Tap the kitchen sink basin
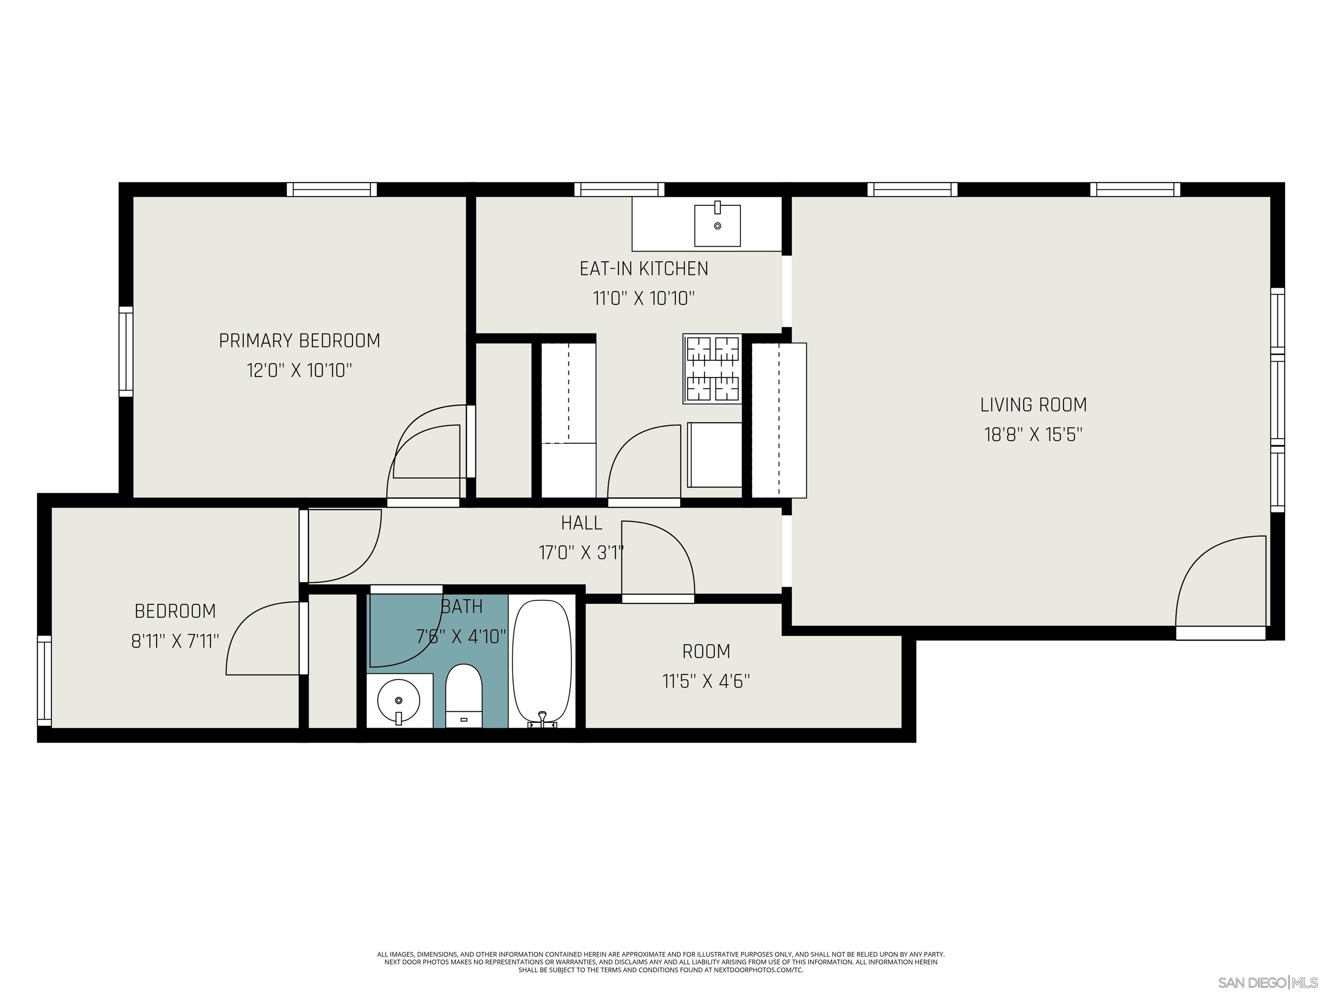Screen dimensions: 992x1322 pos(717,226)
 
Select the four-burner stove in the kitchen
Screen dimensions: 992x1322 pos(712,368)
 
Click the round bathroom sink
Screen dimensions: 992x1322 pos(398,700)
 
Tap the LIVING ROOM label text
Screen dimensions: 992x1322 pos(1033,405)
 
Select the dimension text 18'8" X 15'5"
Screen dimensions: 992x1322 pos(1033,434)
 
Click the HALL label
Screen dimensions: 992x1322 pos(581,523)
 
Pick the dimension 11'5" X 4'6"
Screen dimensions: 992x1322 pos(706,681)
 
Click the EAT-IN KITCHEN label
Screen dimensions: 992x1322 pos(644,269)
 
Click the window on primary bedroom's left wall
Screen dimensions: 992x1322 pos(126,352)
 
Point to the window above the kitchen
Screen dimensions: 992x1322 pos(619,189)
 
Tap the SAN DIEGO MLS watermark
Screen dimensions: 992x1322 pos(1267,983)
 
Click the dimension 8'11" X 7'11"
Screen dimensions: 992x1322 pos(175,641)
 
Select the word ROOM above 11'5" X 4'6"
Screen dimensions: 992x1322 pos(706,651)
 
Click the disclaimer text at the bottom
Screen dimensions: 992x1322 pos(661,962)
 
